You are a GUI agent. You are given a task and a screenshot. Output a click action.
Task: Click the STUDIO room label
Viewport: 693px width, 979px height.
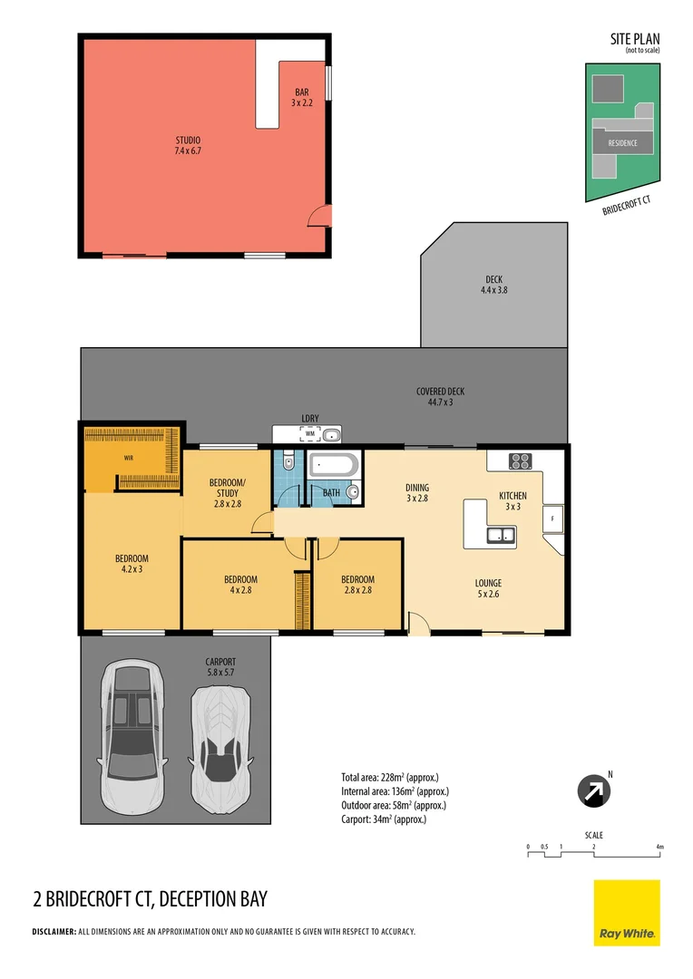[x=188, y=145]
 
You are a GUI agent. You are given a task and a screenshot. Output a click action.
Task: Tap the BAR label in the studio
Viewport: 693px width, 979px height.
[x=302, y=98]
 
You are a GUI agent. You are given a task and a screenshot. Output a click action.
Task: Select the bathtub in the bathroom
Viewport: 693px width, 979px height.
[x=333, y=466]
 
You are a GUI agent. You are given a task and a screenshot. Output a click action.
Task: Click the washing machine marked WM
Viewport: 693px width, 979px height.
[x=309, y=434]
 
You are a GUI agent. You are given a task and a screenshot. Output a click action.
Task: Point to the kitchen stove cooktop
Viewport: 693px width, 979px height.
[x=520, y=460]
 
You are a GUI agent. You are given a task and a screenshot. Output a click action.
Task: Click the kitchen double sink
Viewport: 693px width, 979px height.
[x=500, y=536]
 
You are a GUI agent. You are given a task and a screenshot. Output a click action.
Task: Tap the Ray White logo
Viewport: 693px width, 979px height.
[x=627, y=913]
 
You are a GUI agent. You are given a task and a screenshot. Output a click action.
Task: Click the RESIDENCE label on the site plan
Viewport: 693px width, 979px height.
[x=623, y=143]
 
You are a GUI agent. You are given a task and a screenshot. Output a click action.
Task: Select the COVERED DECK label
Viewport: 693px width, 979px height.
[x=441, y=396]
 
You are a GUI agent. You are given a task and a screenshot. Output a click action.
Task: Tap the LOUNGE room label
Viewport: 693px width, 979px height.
[x=488, y=588]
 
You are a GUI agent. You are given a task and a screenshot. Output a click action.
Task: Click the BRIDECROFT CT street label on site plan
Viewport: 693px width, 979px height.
[x=627, y=205]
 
